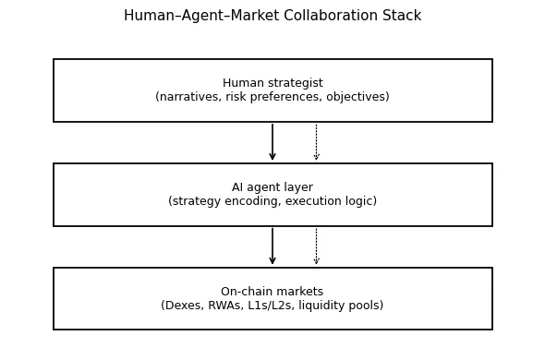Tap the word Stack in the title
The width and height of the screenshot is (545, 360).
[401, 16]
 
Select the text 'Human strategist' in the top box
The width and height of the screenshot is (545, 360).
[272, 83]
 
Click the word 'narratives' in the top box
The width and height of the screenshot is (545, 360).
[189, 97]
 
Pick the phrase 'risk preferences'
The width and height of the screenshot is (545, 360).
[272, 97]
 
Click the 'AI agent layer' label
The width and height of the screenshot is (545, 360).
[272, 187]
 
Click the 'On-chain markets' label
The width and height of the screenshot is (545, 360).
[272, 292]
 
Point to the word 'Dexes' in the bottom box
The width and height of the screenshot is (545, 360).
[183, 306]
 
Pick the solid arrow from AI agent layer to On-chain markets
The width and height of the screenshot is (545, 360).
[272, 246]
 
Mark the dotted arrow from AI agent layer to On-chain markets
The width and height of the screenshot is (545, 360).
[316, 246]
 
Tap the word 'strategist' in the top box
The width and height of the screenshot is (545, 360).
[294, 83]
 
